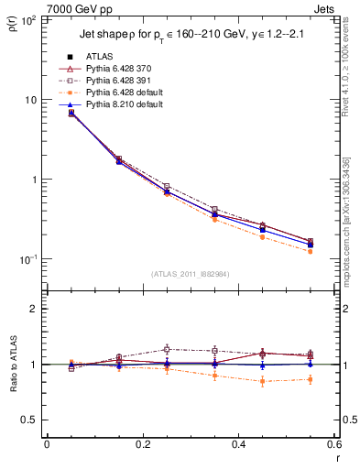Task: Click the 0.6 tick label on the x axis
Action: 333,445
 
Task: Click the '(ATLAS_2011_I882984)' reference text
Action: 191,274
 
